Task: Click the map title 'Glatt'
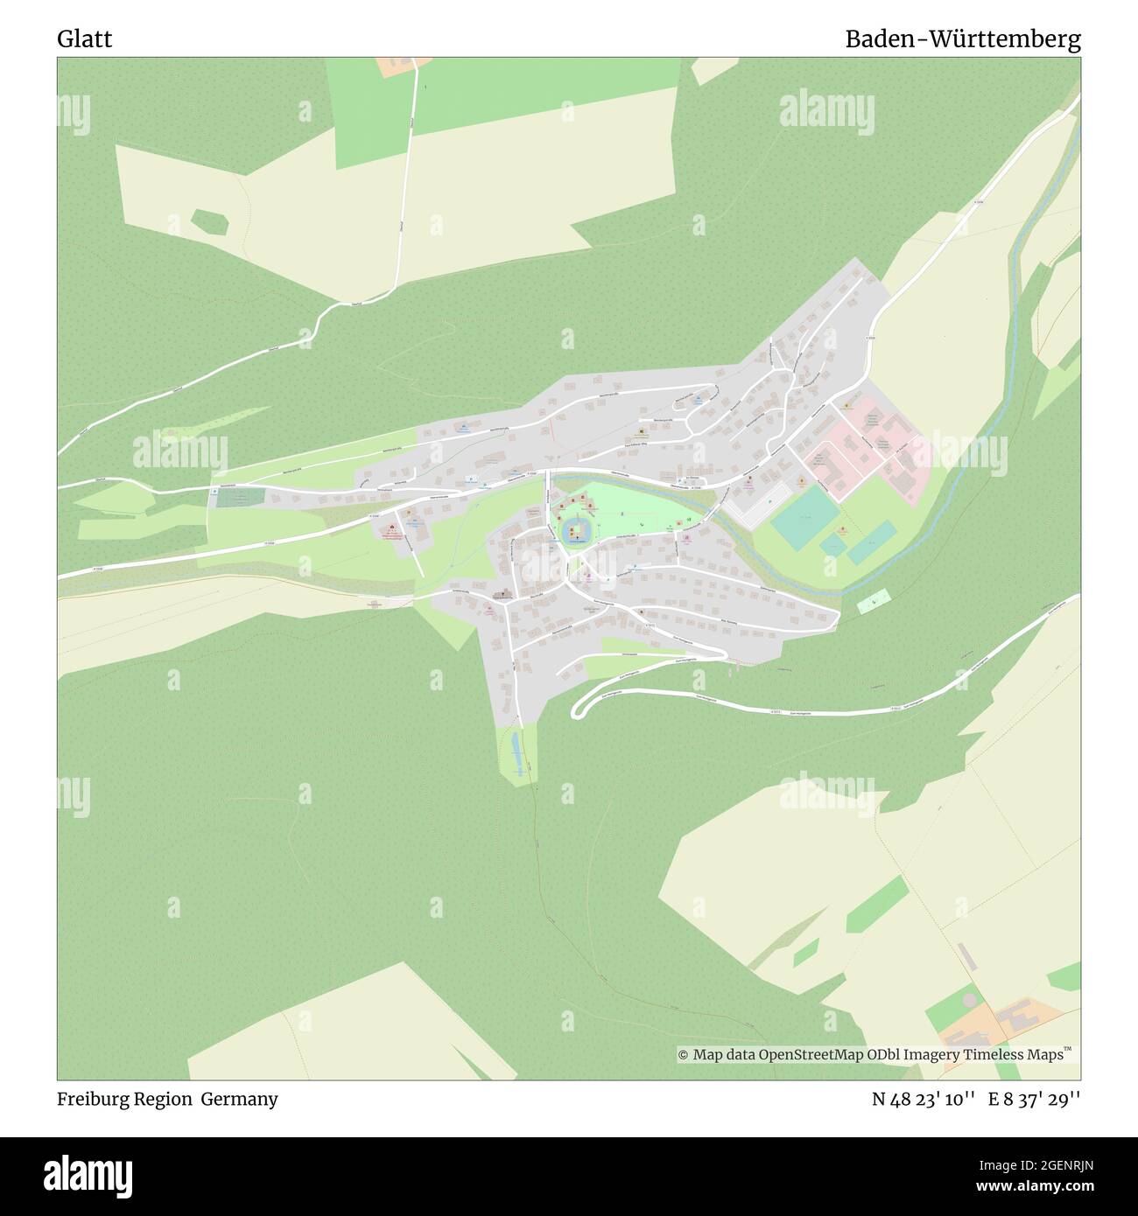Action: (85, 39)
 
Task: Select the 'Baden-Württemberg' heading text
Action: (962, 39)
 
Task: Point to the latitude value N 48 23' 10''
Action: (924, 1100)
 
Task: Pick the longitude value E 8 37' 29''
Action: (1034, 1100)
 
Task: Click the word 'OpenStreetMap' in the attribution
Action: (811, 1055)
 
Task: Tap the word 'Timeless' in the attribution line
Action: (985, 1055)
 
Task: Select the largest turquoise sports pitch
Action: (804, 517)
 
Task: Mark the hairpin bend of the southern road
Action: (577, 709)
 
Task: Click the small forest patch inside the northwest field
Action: (209, 222)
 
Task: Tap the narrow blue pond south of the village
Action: (516, 751)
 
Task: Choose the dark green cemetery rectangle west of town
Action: (239, 497)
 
